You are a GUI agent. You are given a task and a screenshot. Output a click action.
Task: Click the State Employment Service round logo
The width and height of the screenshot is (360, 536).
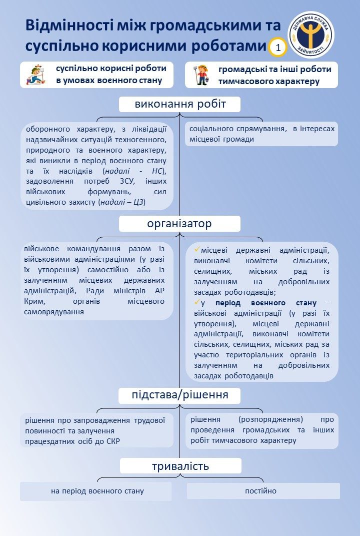pos(311,35)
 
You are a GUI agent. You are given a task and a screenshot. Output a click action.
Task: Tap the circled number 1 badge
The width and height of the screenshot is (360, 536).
pos(278,48)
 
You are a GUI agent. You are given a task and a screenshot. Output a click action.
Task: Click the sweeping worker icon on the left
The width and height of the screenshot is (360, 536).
pos(36,75)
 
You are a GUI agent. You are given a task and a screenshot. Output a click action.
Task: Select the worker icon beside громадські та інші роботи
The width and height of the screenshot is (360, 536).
pos(202,75)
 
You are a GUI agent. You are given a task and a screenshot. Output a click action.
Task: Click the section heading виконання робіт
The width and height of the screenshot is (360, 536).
pos(180,104)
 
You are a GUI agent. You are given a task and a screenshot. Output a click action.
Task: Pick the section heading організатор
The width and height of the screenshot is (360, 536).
pos(179,223)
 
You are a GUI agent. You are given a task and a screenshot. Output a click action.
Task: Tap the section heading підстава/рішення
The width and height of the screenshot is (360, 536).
pos(179,395)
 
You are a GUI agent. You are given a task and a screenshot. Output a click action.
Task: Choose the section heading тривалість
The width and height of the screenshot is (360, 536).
pos(180,466)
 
